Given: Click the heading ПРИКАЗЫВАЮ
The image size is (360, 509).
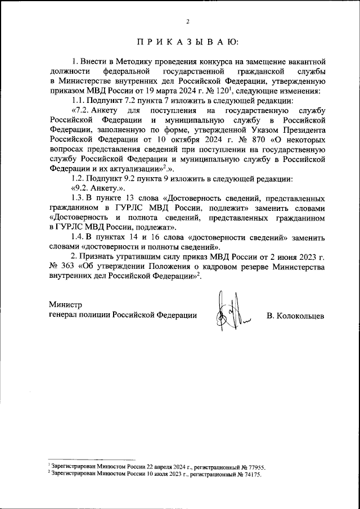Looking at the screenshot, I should [187, 43].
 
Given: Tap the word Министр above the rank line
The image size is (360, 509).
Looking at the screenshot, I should [65, 304].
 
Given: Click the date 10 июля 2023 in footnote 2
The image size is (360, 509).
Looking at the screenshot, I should [138, 474].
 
